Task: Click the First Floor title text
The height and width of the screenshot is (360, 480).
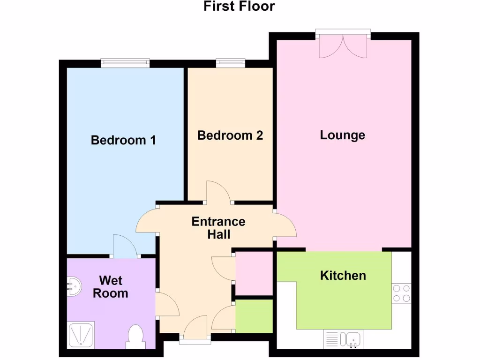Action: pos(239,7)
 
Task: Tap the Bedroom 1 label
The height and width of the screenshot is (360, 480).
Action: pos(123,140)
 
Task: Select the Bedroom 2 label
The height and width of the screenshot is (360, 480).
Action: pos(230,135)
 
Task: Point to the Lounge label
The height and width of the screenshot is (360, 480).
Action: pos(343,135)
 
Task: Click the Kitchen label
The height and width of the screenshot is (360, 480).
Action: pos(343,275)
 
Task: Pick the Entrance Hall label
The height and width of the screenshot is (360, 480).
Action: pos(219,227)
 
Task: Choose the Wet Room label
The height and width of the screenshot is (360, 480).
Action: pos(111,287)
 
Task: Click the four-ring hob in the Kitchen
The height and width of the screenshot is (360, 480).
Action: pos(401,293)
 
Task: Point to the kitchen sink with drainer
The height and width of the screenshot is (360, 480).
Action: pos(342,338)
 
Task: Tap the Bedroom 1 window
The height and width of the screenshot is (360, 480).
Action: pos(125,63)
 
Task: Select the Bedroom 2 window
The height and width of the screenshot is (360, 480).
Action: pos(231,63)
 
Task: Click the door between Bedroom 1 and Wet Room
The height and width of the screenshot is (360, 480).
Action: pos(125,247)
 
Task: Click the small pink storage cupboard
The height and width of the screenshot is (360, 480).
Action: pos(254,274)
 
